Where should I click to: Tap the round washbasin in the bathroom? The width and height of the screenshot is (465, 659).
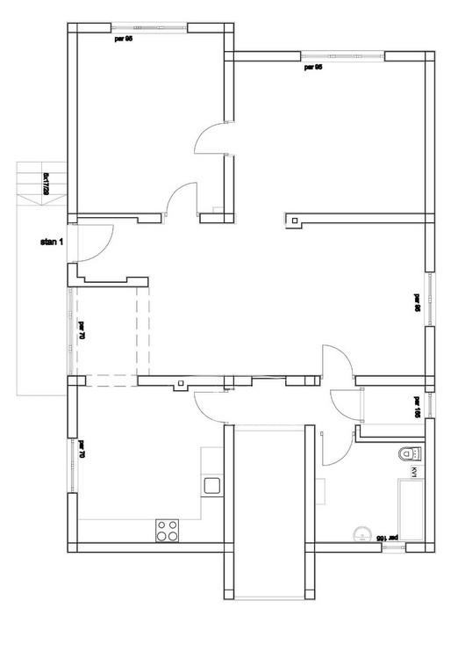point(360,532)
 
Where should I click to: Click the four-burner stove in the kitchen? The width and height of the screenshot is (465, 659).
point(167,529)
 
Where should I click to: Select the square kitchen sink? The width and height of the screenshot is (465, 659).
point(211,484)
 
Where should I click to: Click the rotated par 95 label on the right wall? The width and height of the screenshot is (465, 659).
point(417,302)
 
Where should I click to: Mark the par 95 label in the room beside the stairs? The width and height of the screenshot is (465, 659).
point(124,39)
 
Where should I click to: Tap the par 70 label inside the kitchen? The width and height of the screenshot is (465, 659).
point(81,450)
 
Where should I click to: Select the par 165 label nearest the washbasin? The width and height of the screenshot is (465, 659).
point(387,535)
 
